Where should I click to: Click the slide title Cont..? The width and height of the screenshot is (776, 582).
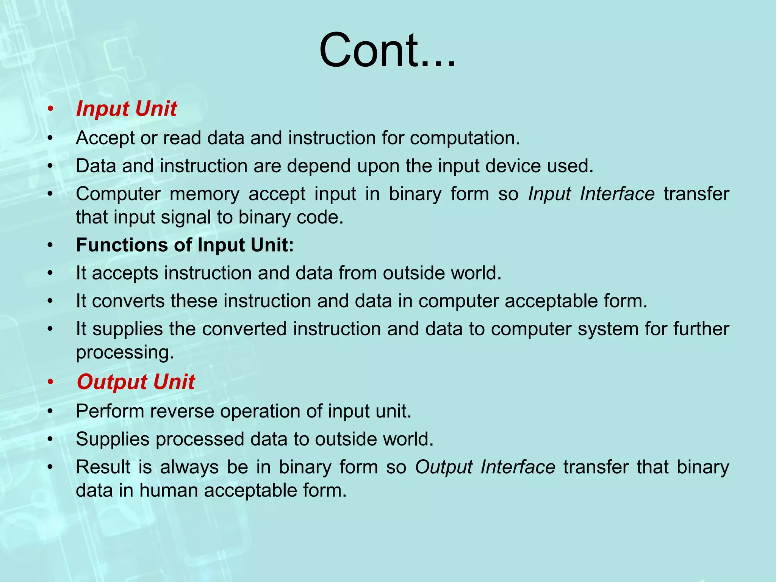(387, 51)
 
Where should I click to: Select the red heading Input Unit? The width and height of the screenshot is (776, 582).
(126, 109)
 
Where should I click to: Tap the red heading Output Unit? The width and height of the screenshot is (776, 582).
(136, 382)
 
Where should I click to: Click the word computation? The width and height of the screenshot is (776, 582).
(465, 138)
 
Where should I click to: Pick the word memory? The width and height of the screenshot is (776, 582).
(204, 194)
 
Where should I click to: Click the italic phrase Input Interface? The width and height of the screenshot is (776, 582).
(591, 194)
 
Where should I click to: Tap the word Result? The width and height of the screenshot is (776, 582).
(103, 467)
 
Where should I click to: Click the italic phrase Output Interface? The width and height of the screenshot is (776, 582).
(485, 467)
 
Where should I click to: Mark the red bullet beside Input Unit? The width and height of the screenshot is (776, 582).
(50, 110)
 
